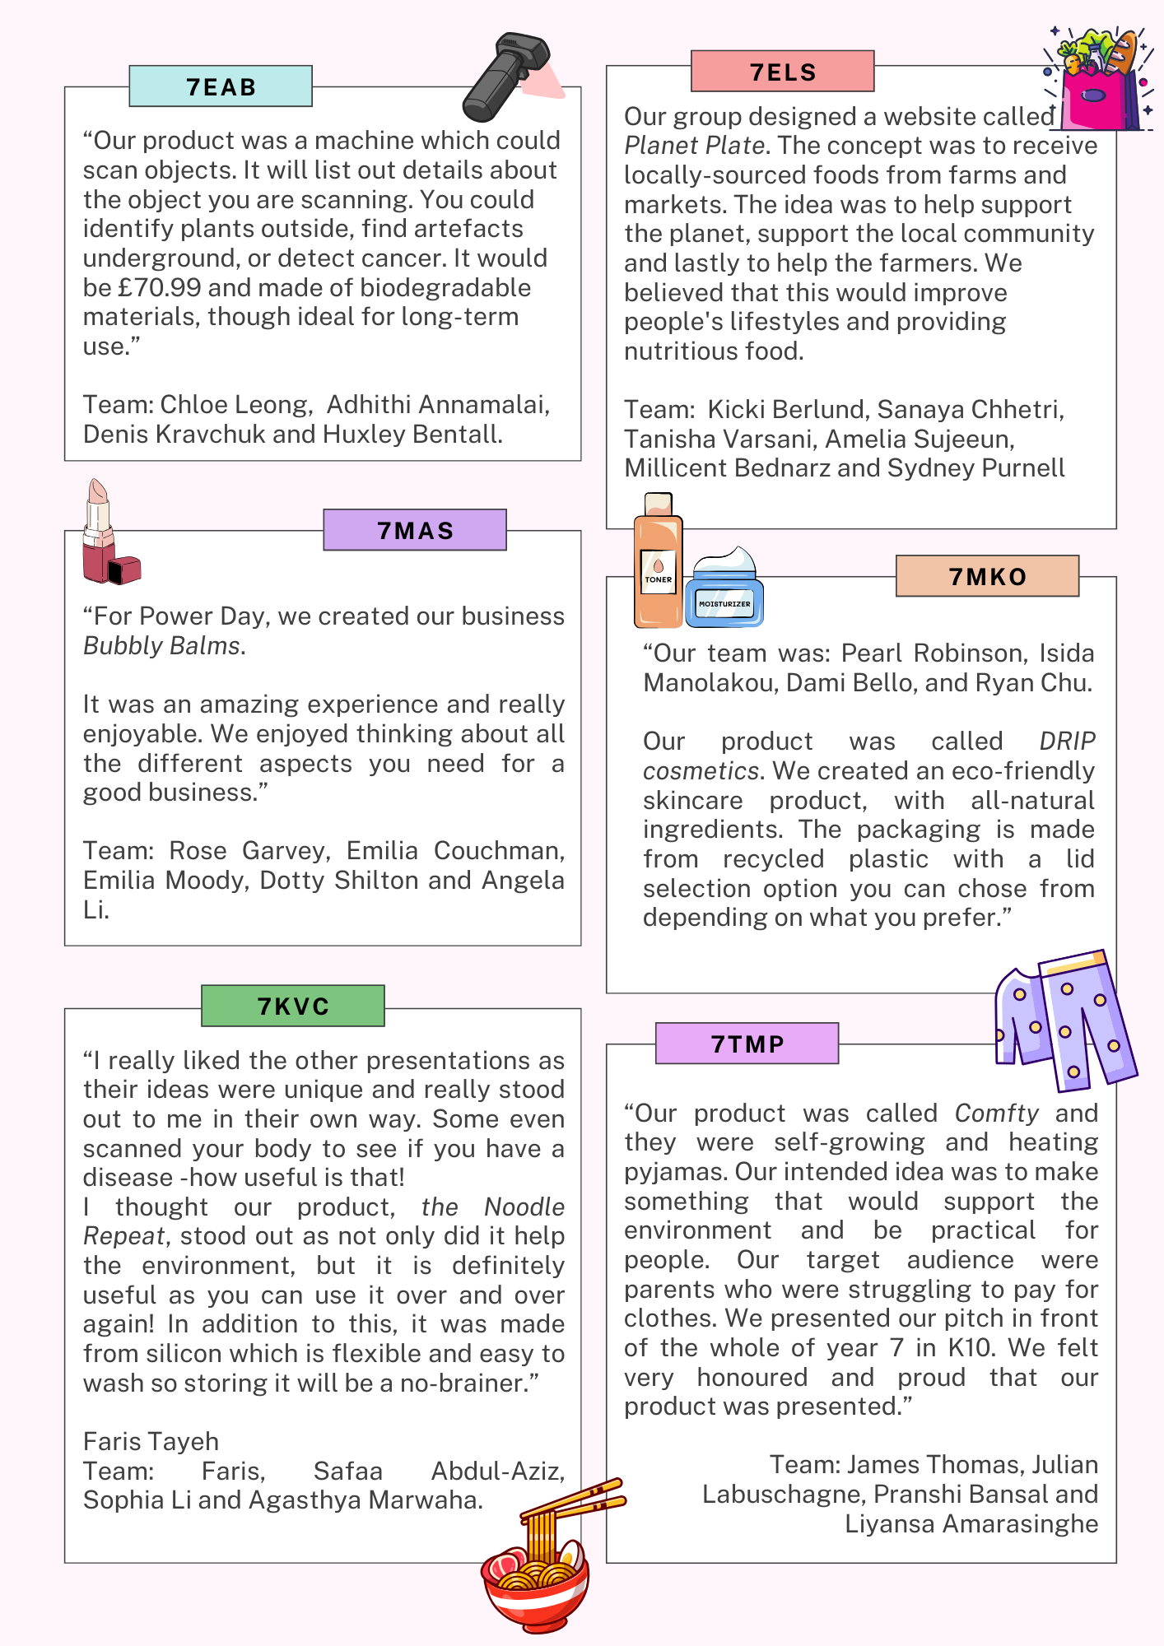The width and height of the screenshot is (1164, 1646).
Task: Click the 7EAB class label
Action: click(x=221, y=86)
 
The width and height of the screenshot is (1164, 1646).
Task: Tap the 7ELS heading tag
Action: click(x=782, y=72)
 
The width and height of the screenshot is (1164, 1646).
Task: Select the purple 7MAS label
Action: click(x=415, y=530)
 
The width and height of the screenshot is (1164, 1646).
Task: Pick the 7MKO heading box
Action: click(x=987, y=576)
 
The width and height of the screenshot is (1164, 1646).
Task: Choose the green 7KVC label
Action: click(x=293, y=1006)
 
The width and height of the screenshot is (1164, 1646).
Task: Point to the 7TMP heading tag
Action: click(x=747, y=1044)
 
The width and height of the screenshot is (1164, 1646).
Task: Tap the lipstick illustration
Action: click(x=107, y=535)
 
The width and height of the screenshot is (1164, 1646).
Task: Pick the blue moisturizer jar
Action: click(x=724, y=591)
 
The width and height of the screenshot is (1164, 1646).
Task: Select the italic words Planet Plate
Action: click(x=695, y=146)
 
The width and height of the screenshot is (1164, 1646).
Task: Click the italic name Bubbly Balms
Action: click(x=161, y=646)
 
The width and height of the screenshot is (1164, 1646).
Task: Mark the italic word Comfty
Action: click(x=996, y=1114)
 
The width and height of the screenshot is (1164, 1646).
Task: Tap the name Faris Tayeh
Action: click(x=151, y=1442)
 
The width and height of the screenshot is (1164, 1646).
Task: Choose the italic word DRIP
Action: click(x=1067, y=742)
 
